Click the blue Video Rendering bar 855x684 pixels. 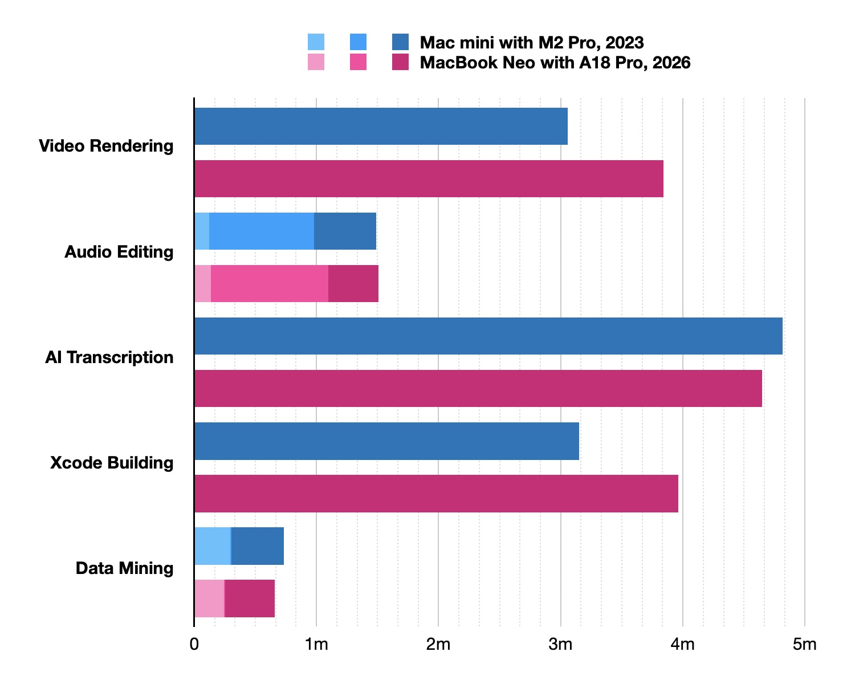(x=381, y=126)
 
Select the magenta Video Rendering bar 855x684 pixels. (x=429, y=178)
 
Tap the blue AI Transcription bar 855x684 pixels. (x=488, y=336)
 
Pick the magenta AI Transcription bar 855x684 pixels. (x=478, y=388)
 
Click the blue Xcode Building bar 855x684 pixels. (x=386, y=441)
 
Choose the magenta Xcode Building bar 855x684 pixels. (x=436, y=493)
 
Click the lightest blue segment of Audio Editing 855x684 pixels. (x=202, y=231)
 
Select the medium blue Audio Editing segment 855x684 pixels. (x=262, y=231)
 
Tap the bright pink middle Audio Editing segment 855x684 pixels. (x=270, y=283)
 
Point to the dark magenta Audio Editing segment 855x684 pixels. (x=353, y=283)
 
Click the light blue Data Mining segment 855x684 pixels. (x=212, y=545)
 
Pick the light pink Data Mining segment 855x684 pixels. (x=209, y=598)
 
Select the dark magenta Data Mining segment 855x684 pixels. (x=250, y=598)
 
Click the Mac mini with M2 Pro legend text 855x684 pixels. (x=532, y=43)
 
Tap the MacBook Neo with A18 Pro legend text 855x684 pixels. (x=555, y=63)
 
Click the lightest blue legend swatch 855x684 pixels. (x=316, y=42)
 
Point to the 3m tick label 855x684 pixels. (x=560, y=645)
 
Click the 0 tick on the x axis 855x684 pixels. (x=194, y=645)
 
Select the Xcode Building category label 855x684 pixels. (x=112, y=462)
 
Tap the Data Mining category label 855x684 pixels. (x=124, y=568)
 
